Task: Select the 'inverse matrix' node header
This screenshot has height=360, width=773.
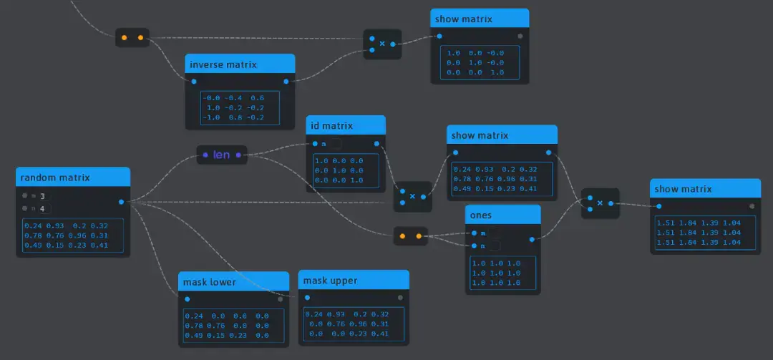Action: [x=223, y=64]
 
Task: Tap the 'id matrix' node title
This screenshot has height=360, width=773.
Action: [x=331, y=126]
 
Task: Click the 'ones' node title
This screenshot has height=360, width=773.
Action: [x=480, y=215]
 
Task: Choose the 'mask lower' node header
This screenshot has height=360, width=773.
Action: [x=210, y=282]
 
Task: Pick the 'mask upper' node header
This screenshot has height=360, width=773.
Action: [x=330, y=280]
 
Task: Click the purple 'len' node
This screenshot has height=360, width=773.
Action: [x=222, y=155]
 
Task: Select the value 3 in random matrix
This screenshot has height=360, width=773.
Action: [x=42, y=195]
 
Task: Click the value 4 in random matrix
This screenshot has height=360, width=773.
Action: [x=42, y=208]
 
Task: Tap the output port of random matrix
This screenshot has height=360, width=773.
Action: [x=122, y=202]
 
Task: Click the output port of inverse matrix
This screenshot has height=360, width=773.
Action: [x=286, y=81]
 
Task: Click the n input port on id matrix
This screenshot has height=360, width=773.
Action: [x=315, y=144]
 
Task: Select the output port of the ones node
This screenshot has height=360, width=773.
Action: [x=532, y=240]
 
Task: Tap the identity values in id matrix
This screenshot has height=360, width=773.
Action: [x=339, y=170]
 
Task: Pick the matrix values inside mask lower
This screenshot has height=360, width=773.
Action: [x=227, y=325]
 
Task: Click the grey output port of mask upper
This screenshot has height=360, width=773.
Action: [x=400, y=297]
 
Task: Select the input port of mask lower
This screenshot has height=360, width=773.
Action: [x=187, y=299]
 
